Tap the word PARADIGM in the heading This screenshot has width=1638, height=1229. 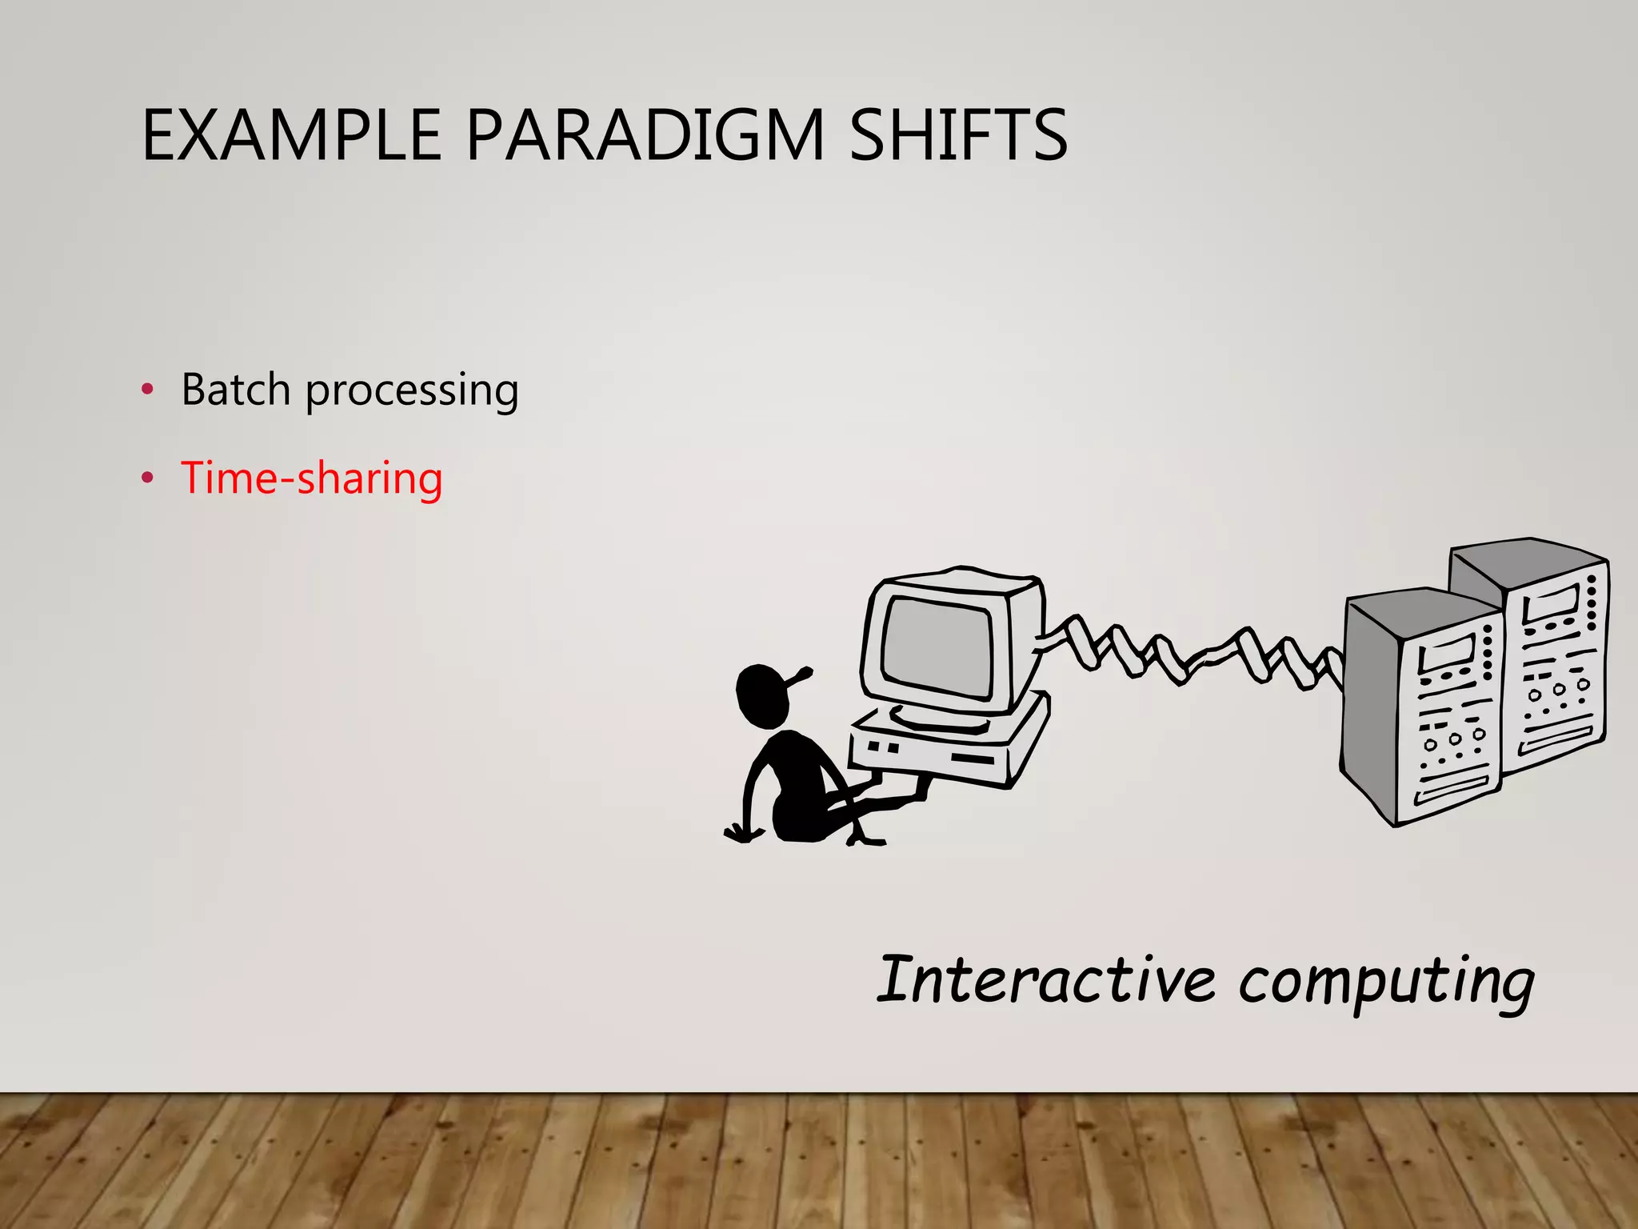645,135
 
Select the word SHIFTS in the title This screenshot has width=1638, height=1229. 957,135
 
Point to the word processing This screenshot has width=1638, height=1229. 412,392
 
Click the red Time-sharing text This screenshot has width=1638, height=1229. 311,478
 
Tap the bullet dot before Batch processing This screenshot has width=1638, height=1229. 147,390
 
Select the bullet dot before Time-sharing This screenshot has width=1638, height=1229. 147,478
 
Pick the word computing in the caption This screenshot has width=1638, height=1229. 1386,983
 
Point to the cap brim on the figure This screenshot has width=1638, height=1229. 800,677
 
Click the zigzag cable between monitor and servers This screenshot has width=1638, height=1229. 1192,652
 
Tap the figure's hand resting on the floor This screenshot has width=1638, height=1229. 742,834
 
